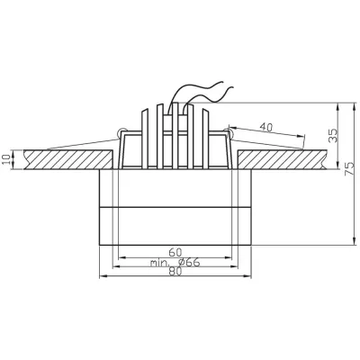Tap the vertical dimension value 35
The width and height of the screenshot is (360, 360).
point(332,136)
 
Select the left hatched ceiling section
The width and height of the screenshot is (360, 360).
point(63,160)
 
